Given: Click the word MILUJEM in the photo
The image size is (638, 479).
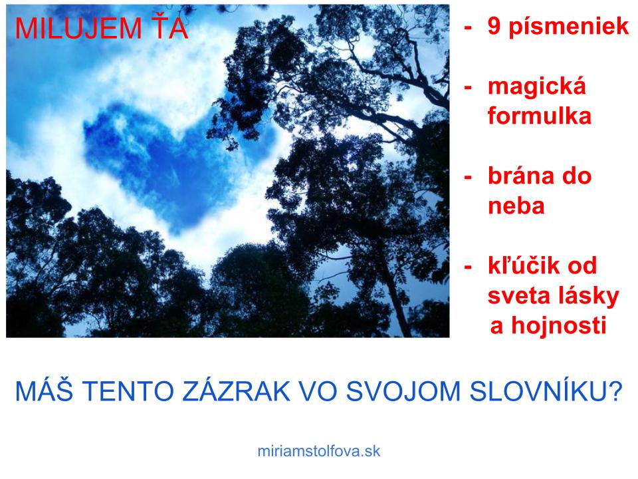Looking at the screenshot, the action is click(78, 29).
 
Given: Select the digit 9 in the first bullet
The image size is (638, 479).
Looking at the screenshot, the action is click(494, 27).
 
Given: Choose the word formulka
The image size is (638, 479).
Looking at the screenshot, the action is click(540, 116).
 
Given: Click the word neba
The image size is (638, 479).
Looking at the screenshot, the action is click(516, 206).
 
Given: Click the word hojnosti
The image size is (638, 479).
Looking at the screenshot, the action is click(559, 325).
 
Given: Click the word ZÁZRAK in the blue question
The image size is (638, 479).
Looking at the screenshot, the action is click(236, 391).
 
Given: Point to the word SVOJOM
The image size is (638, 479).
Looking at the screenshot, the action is click(403, 391).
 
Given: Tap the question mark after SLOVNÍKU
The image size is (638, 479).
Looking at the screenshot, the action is click(615, 391).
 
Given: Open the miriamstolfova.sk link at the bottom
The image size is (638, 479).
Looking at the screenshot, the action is click(319, 451).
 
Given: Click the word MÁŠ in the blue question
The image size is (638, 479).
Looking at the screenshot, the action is click(44, 391).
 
